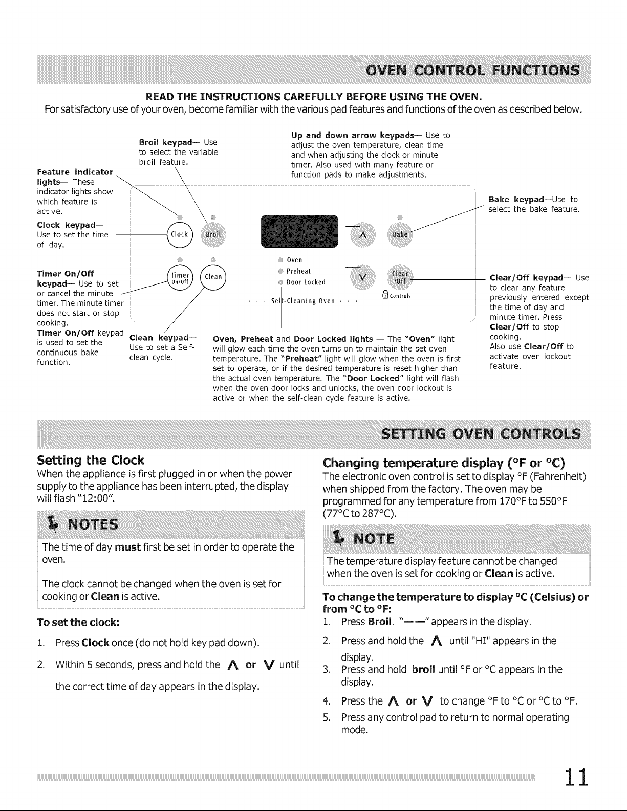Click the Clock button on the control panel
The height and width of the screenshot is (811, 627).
[180, 235]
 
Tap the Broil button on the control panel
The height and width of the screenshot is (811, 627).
[213, 235]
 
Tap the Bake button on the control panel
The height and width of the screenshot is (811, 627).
[400, 235]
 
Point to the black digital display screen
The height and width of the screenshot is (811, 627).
[299, 231]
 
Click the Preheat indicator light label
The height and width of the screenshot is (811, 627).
[298, 271]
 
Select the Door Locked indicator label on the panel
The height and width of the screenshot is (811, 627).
[306, 282]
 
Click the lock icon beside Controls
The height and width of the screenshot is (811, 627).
[385, 295]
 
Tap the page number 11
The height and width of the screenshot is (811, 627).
[576, 777]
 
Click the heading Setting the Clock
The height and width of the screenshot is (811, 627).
[90, 460]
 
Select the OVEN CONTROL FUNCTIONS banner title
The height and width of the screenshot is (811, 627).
[473, 70]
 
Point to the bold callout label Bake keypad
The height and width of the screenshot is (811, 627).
[516, 200]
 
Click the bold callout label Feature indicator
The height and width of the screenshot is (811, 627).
[75, 172]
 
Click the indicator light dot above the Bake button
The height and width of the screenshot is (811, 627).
[400, 217]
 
